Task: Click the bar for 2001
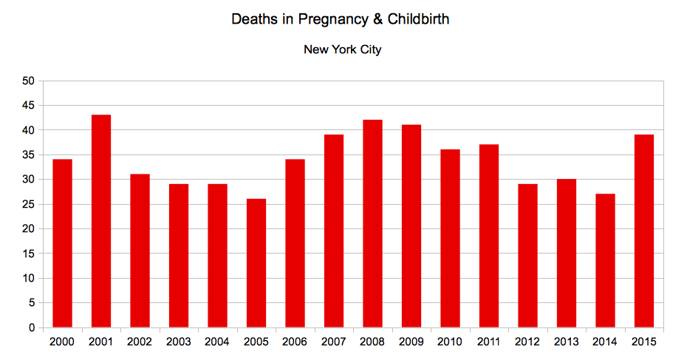tap(101, 221)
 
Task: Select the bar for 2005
tap(256, 263)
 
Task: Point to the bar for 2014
tap(605, 260)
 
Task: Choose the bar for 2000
tap(62, 243)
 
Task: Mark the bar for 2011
tap(489, 236)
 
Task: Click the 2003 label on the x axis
tap(179, 342)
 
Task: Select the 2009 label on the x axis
tap(411, 342)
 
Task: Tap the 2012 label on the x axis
tap(527, 342)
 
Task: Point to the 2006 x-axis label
tap(295, 342)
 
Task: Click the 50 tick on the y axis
tap(29, 81)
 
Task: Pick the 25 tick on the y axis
tap(29, 204)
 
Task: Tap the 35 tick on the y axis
tap(29, 154)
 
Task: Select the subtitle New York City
tap(342, 50)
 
